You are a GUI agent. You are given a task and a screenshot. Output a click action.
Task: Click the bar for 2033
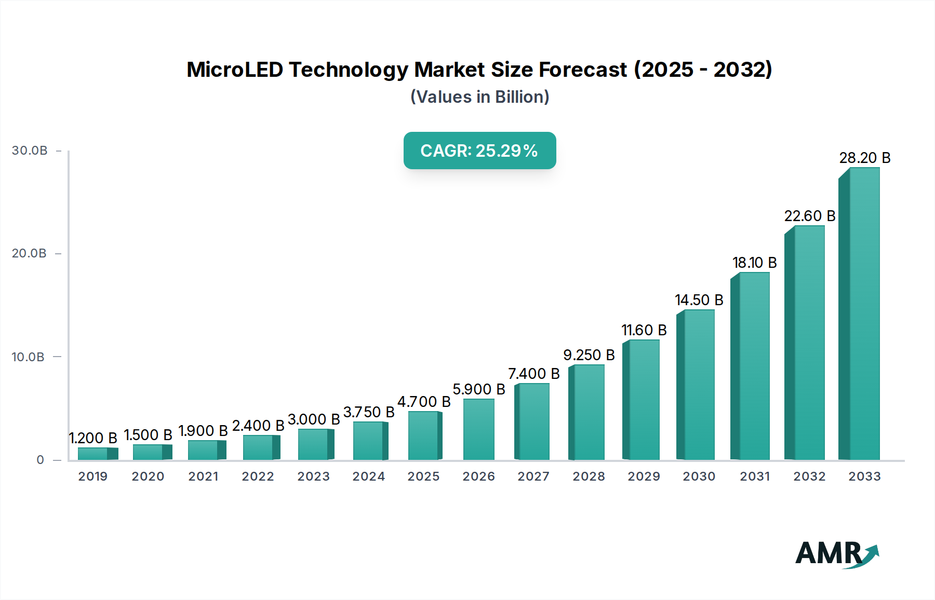tap(860, 314)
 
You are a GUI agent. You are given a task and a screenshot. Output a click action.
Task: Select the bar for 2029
tap(642, 400)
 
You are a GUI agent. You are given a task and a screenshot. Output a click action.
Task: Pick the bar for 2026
tap(478, 429)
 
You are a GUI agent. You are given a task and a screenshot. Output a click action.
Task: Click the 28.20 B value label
tap(865, 158)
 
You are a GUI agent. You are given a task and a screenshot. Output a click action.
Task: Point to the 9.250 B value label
tap(589, 355)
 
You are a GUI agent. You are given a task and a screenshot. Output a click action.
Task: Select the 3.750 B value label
tap(369, 412)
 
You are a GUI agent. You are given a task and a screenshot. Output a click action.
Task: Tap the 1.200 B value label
tap(94, 438)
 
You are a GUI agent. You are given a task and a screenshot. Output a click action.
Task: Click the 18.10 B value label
tap(754, 263)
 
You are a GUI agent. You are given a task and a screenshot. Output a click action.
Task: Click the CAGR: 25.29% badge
tap(479, 151)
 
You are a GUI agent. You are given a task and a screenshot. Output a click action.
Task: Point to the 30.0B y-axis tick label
tap(30, 151)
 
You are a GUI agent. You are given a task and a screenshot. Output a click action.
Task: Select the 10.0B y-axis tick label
tap(28, 357)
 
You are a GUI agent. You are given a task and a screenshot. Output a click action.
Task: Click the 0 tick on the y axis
tap(41, 460)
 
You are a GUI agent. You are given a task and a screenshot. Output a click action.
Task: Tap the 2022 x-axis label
tap(258, 476)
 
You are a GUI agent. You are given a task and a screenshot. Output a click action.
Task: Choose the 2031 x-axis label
tap(755, 476)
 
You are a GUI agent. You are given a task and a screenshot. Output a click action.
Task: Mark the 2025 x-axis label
tap(423, 476)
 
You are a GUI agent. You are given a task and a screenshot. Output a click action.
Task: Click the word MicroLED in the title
tap(234, 70)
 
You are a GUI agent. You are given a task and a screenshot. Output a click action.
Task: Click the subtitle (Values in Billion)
tap(479, 97)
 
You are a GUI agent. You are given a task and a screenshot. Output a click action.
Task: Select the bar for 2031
tap(751, 366)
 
